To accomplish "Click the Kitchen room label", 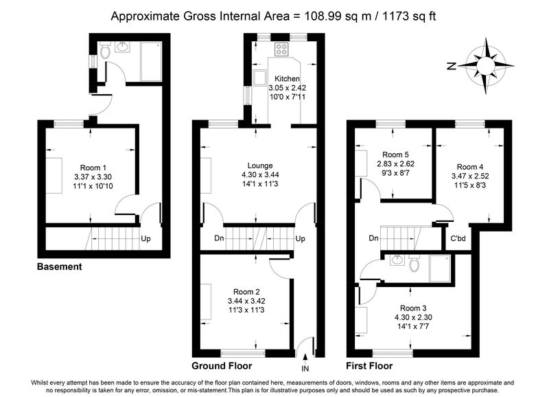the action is click(x=287, y=79).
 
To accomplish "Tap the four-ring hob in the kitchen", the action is click(x=281, y=49).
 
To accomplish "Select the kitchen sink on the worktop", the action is click(x=260, y=78).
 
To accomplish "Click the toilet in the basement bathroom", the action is click(x=105, y=50).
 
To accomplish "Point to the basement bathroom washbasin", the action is click(x=122, y=47).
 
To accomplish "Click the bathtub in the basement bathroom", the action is click(x=151, y=61).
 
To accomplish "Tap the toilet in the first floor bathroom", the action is click(x=414, y=263).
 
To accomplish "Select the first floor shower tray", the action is click(x=440, y=268).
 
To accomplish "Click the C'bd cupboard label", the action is click(x=458, y=238).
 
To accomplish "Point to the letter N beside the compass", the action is click(x=452, y=65).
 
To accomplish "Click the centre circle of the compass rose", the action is click(x=486, y=65).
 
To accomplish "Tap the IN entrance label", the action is click(x=305, y=368).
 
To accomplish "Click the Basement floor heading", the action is click(x=59, y=266).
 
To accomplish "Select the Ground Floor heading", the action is click(x=222, y=366).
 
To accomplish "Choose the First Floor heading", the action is click(x=369, y=366).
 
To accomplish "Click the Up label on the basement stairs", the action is click(x=145, y=238).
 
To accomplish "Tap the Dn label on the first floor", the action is click(x=373, y=238).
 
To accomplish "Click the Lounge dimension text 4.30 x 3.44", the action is click(x=260, y=174).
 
